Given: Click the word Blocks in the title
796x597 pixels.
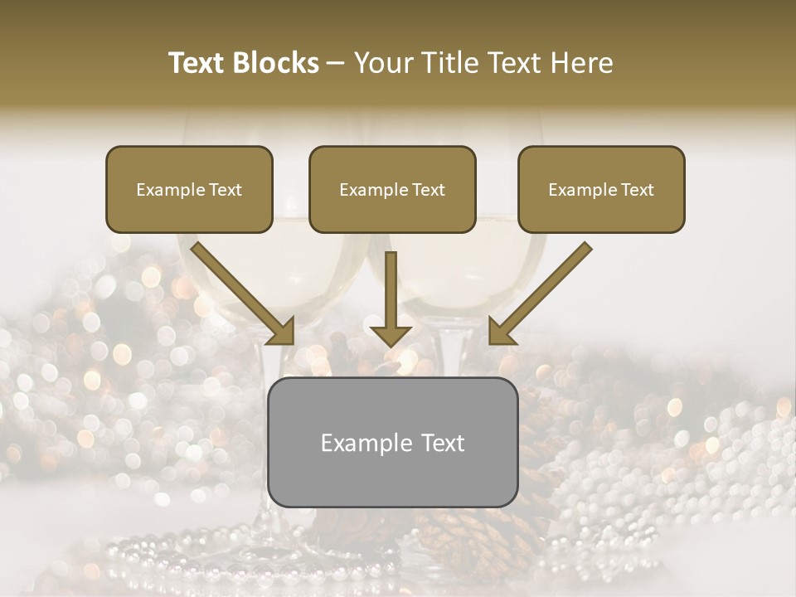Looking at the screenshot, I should click(277, 63).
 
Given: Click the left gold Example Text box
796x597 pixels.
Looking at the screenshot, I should click(189, 189).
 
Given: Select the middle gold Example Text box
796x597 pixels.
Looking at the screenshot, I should click(392, 189).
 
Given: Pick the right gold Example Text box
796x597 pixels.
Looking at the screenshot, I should click(601, 189).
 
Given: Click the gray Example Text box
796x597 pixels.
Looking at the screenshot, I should click(392, 442).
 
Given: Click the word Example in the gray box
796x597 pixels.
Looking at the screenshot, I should click(363, 443).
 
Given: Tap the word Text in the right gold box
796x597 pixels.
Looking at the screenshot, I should click(637, 190).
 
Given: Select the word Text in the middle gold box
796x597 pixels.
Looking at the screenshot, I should click(428, 190).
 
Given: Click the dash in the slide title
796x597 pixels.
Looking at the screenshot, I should click(336, 64).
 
